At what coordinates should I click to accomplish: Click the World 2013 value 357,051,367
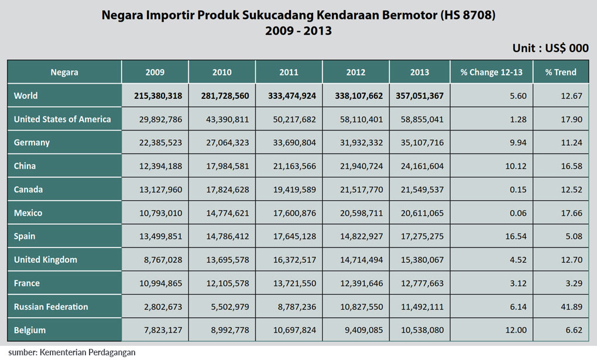coord(413,95)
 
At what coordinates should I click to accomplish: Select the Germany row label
coord(32,142)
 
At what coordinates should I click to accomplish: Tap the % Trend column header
coord(560,72)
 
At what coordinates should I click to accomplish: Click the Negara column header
coord(64,72)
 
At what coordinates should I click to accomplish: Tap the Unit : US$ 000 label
coord(550,49)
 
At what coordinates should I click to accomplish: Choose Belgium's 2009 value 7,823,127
coord(160,330)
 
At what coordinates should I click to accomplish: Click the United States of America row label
coord(62,119)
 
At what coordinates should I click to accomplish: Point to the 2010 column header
coord(222,72)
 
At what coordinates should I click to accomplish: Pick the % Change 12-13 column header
coord(491,72)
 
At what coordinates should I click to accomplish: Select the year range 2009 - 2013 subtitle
coord(298,31)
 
